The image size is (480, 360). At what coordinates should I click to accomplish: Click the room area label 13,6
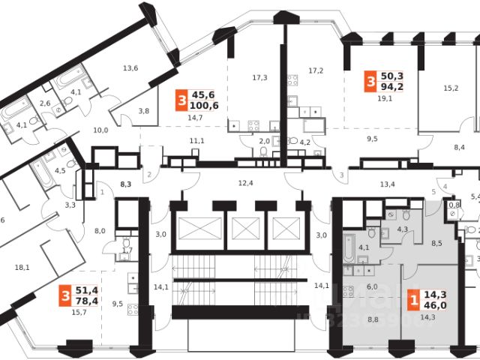coord(130,68)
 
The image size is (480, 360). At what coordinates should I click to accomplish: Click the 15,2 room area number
coord(450,88)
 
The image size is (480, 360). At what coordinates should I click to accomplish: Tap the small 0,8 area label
coord(453,204)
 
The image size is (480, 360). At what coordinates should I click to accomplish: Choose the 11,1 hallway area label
coord(196,141)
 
